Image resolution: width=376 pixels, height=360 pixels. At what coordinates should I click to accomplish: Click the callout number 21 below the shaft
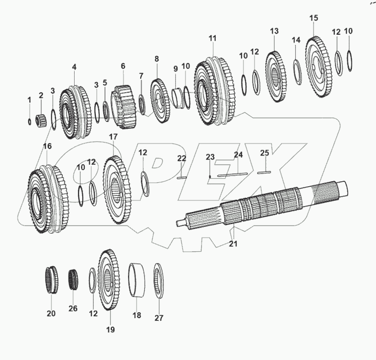[x=232, y=244]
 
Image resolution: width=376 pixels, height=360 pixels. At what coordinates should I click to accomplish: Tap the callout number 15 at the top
[x=314, y=18]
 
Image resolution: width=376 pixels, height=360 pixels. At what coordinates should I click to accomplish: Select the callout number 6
[x=122, y=66]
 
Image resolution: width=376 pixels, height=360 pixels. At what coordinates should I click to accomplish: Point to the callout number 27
[x=159, y=318]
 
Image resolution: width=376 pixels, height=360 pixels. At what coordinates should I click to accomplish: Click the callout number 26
[x=73, y=309]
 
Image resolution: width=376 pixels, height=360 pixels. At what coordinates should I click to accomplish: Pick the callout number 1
[x=29, y=100]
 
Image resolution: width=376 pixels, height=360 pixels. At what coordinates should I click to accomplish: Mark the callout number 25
[x=265, y=153]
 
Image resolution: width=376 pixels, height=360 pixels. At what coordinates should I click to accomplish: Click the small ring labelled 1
[x=30, y=121]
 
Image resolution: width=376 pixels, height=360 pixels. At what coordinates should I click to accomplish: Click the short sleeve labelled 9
[x=177, y=97]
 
